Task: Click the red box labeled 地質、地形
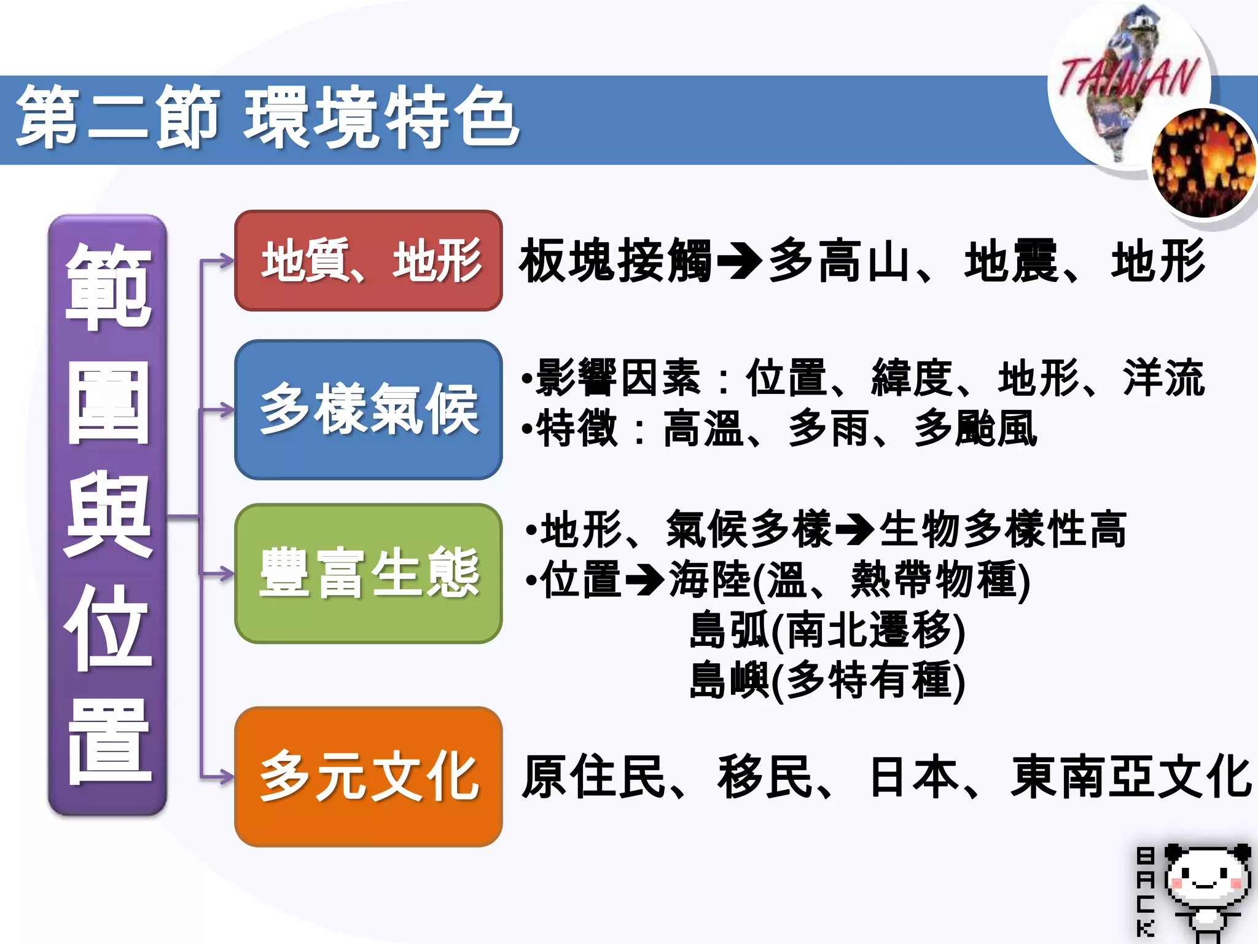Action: click(x=369, y=261)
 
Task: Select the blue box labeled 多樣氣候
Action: click(x=369, y=409)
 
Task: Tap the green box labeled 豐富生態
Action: click(x=369, y=573)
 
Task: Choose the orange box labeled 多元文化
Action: click(x=369, y=777)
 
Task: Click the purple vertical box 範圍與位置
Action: click(x=107, y=515)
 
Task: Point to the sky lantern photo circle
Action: click(x=1203, y=163)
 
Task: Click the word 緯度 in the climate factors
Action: click(x=912, y=378)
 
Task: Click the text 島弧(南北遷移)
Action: click(x=827, y=631)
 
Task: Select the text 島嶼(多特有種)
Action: click(x=827, y=681)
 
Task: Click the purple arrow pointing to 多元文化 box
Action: click(x=218, y=777)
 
